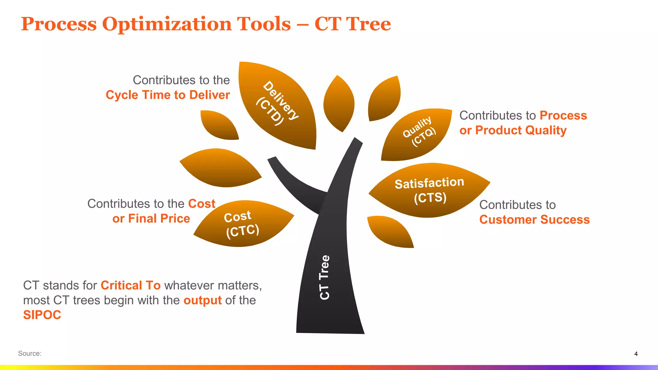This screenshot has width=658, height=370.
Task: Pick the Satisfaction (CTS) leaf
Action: coord(429,190)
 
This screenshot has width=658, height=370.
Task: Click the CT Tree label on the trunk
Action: coord(325,277)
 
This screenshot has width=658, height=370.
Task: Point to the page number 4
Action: coord(636,354)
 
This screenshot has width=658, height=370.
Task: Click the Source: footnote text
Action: coord(30,353)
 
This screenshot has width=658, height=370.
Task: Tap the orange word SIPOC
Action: coord(42,315)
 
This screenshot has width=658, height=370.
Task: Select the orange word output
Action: coord(202,300)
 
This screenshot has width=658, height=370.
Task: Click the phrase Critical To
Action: coord(130,285)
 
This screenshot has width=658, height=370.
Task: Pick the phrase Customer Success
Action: coord(534,220)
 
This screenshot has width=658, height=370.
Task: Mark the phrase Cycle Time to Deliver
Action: coord(168,95)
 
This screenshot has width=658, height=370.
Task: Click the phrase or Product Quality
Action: coord(513,130)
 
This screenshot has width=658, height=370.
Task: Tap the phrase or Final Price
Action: coord(151,219)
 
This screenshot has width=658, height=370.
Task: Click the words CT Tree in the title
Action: coord(352,24)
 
